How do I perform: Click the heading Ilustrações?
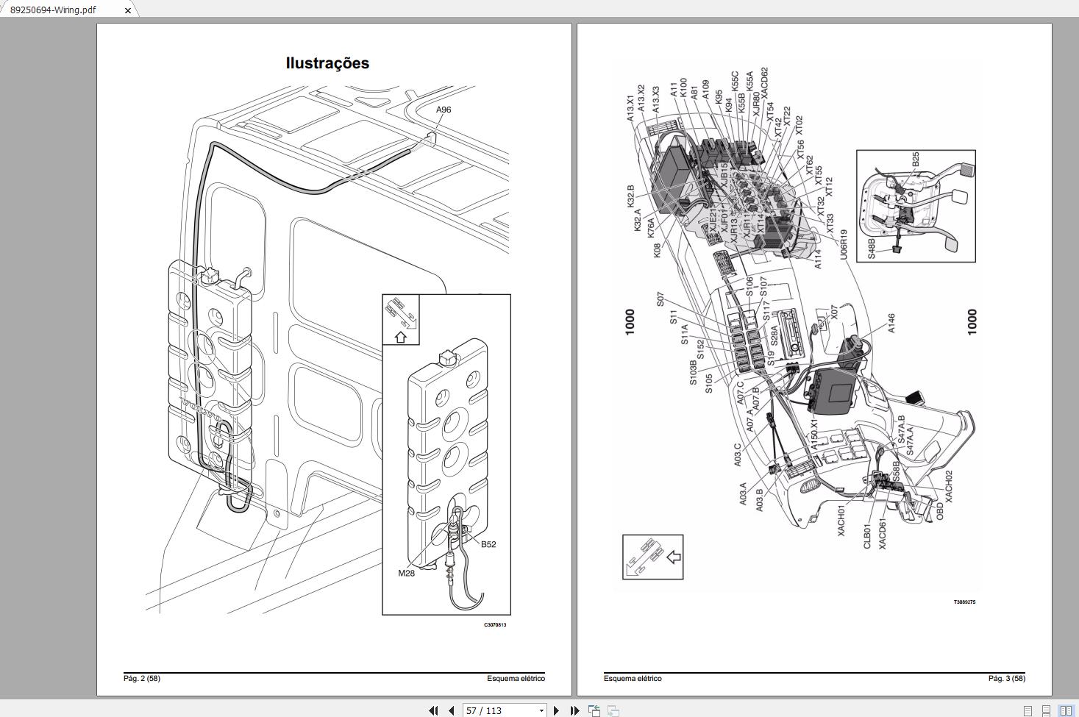pos(327,63)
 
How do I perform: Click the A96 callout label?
pos(444,110)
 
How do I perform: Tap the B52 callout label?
pos(488,544)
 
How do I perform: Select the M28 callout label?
pos(406,573)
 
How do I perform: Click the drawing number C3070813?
pos(495,625)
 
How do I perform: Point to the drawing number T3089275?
pos(964,602)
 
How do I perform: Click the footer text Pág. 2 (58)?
pos(142,678)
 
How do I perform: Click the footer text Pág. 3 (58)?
pos(1006,678)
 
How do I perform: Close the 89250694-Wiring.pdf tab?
pos(128,10)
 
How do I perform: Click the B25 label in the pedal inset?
pos(915,160)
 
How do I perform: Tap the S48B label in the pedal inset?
pos(872,248)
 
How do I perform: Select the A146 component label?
pos(891,324)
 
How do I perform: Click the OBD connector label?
pos(939,511)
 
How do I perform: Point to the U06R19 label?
pos(844,243)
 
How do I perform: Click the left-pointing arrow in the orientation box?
pos(673,557)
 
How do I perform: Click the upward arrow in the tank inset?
pos(401,337)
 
